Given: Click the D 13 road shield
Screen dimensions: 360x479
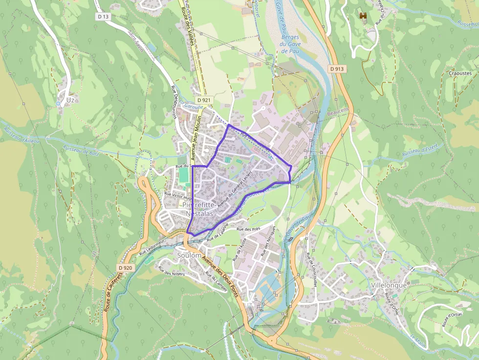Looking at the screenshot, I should tap(103, 17).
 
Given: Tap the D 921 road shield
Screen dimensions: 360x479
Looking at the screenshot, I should tap(205, 100).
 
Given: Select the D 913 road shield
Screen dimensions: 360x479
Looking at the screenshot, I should tap(337, 69).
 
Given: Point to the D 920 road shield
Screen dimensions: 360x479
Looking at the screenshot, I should tap(125, 268).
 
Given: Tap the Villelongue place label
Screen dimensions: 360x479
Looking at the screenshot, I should tap(389, 285).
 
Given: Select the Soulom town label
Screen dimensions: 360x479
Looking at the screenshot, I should tap(189, 255).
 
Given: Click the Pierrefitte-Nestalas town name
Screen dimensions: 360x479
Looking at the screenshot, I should tap(198, 209).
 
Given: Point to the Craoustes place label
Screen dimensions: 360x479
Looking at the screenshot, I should tap(460, 73).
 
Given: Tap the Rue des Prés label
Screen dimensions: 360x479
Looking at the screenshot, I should tap(248, 229).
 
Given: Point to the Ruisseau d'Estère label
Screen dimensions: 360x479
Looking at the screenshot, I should tap(420, 150).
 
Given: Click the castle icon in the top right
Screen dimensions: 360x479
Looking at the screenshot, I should tap(363, 16).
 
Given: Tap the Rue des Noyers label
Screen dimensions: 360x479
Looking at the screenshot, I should tap(171, 271).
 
